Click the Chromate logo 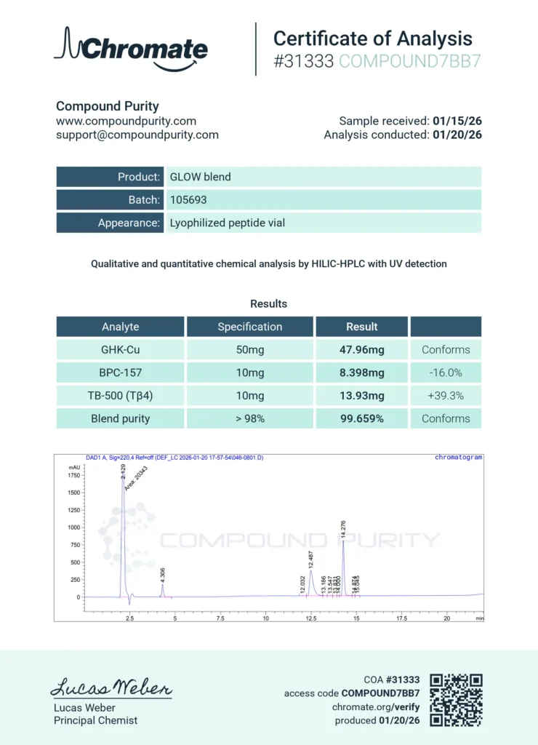point(131,49)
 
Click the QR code point(457,700)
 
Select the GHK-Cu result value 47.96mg point(361,349)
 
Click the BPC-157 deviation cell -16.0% point(446,372)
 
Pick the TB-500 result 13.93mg point(361,396)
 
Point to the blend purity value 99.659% point(361,418)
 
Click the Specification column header point(249,327)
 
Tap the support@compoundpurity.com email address point(137,135)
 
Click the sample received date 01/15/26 point(457,121)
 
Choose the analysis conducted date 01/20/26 point(457,135)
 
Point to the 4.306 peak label point(163,573)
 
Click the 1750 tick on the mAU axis point(74,475)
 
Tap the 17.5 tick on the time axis point(401,618)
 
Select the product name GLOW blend point(201,177)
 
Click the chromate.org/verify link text point(376,706)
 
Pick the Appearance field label point(129,223)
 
